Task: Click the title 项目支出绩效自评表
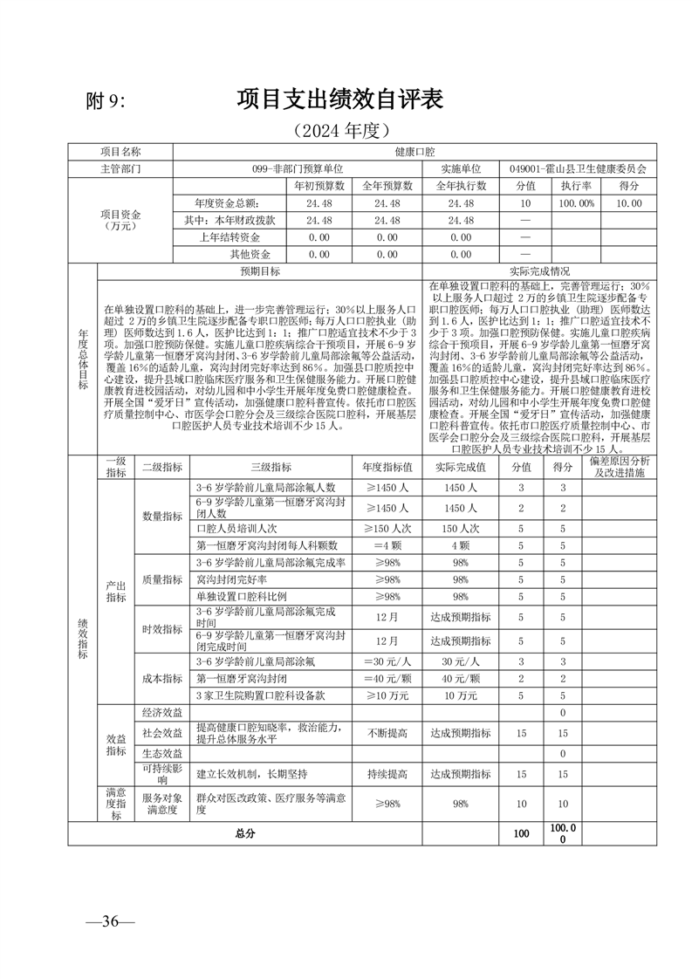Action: click(340, 99)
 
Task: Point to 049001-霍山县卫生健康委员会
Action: click(578, 168)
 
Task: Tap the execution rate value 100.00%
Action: click(577, 202)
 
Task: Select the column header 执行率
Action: click(577, 186)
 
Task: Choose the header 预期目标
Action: click(260, 270)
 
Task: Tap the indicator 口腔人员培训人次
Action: click(236, 529)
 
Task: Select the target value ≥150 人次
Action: click(387, 529)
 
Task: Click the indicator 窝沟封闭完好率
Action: click(231, 579)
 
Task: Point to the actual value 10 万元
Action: click(461, 695)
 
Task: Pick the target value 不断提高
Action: click(387, 733)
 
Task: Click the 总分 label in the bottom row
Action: click(245, 834)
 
